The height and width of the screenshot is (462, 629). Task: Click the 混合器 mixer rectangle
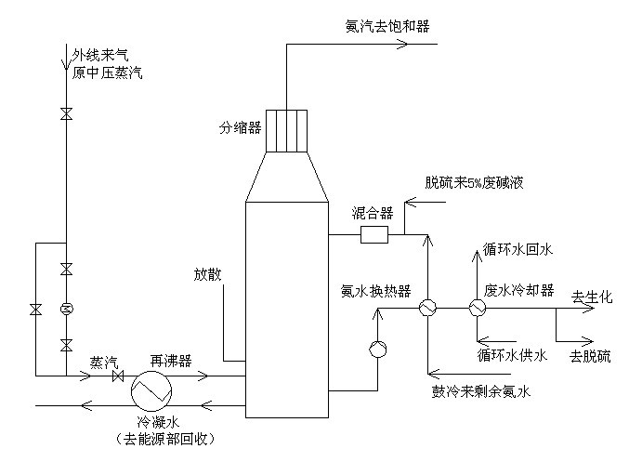(x=373, y=235)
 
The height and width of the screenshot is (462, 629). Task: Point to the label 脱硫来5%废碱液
(x=474, y=182)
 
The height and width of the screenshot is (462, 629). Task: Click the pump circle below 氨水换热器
(x=378, y=349)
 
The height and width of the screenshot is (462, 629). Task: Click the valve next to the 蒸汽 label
(x=118, y=376)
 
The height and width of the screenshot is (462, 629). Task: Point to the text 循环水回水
(x=518, y=249)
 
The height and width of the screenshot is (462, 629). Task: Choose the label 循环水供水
(x=512, y=354)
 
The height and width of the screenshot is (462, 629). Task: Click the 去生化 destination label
(x=594, y=297)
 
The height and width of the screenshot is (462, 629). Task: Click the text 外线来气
(x=99, y=54)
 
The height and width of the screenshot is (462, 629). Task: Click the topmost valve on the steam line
(x=66, y=114)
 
